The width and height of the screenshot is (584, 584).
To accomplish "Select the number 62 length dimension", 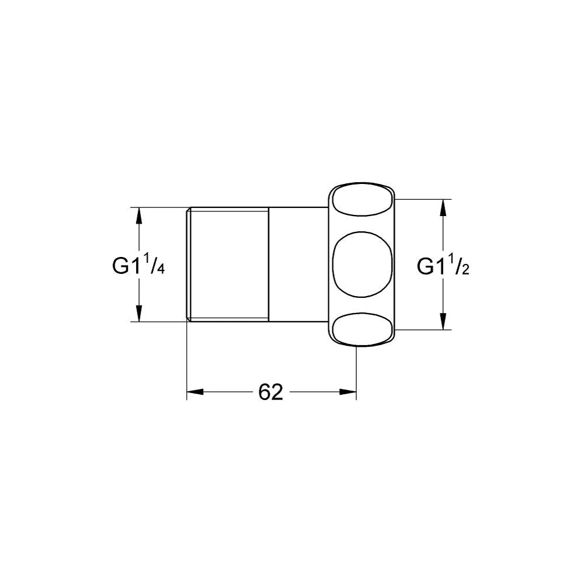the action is (x=271, y=392).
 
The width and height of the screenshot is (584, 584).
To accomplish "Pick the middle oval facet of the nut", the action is (x=361, y=265).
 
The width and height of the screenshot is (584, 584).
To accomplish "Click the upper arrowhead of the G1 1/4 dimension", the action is (x=138, y=216).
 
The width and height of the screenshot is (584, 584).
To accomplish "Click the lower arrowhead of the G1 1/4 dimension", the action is (x=138, y=313).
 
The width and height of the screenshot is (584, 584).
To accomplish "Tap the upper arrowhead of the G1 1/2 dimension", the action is (x=443, y=208).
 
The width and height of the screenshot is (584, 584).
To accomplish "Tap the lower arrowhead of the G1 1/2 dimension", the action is (x=443, y=321).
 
